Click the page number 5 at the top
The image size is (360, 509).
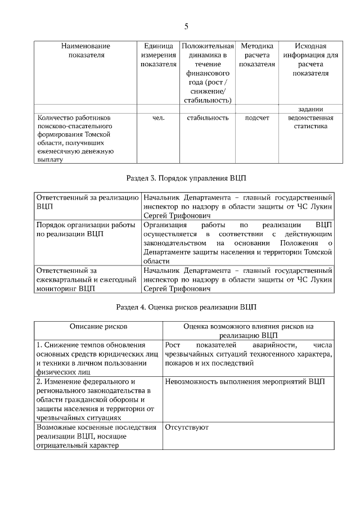click(186, 26)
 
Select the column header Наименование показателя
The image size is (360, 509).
click(85, 51)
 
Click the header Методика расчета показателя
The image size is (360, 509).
click(256, 55)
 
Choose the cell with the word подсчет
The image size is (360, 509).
click(256, 118)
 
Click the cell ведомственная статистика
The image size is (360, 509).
click(310, 123)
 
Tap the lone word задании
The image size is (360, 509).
click(310, 109)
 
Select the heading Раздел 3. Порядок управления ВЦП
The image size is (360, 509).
click(186, 178)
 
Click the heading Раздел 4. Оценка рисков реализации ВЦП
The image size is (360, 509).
click(186, 308)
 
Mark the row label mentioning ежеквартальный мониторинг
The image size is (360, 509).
click(85, 280)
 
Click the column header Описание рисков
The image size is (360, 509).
click(98, 326)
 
